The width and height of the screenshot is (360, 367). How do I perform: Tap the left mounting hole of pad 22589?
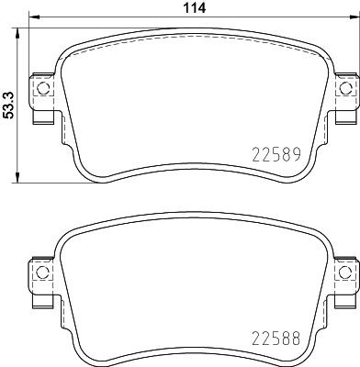pos(40,89)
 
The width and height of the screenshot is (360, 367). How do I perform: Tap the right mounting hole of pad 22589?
pos(345,89)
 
